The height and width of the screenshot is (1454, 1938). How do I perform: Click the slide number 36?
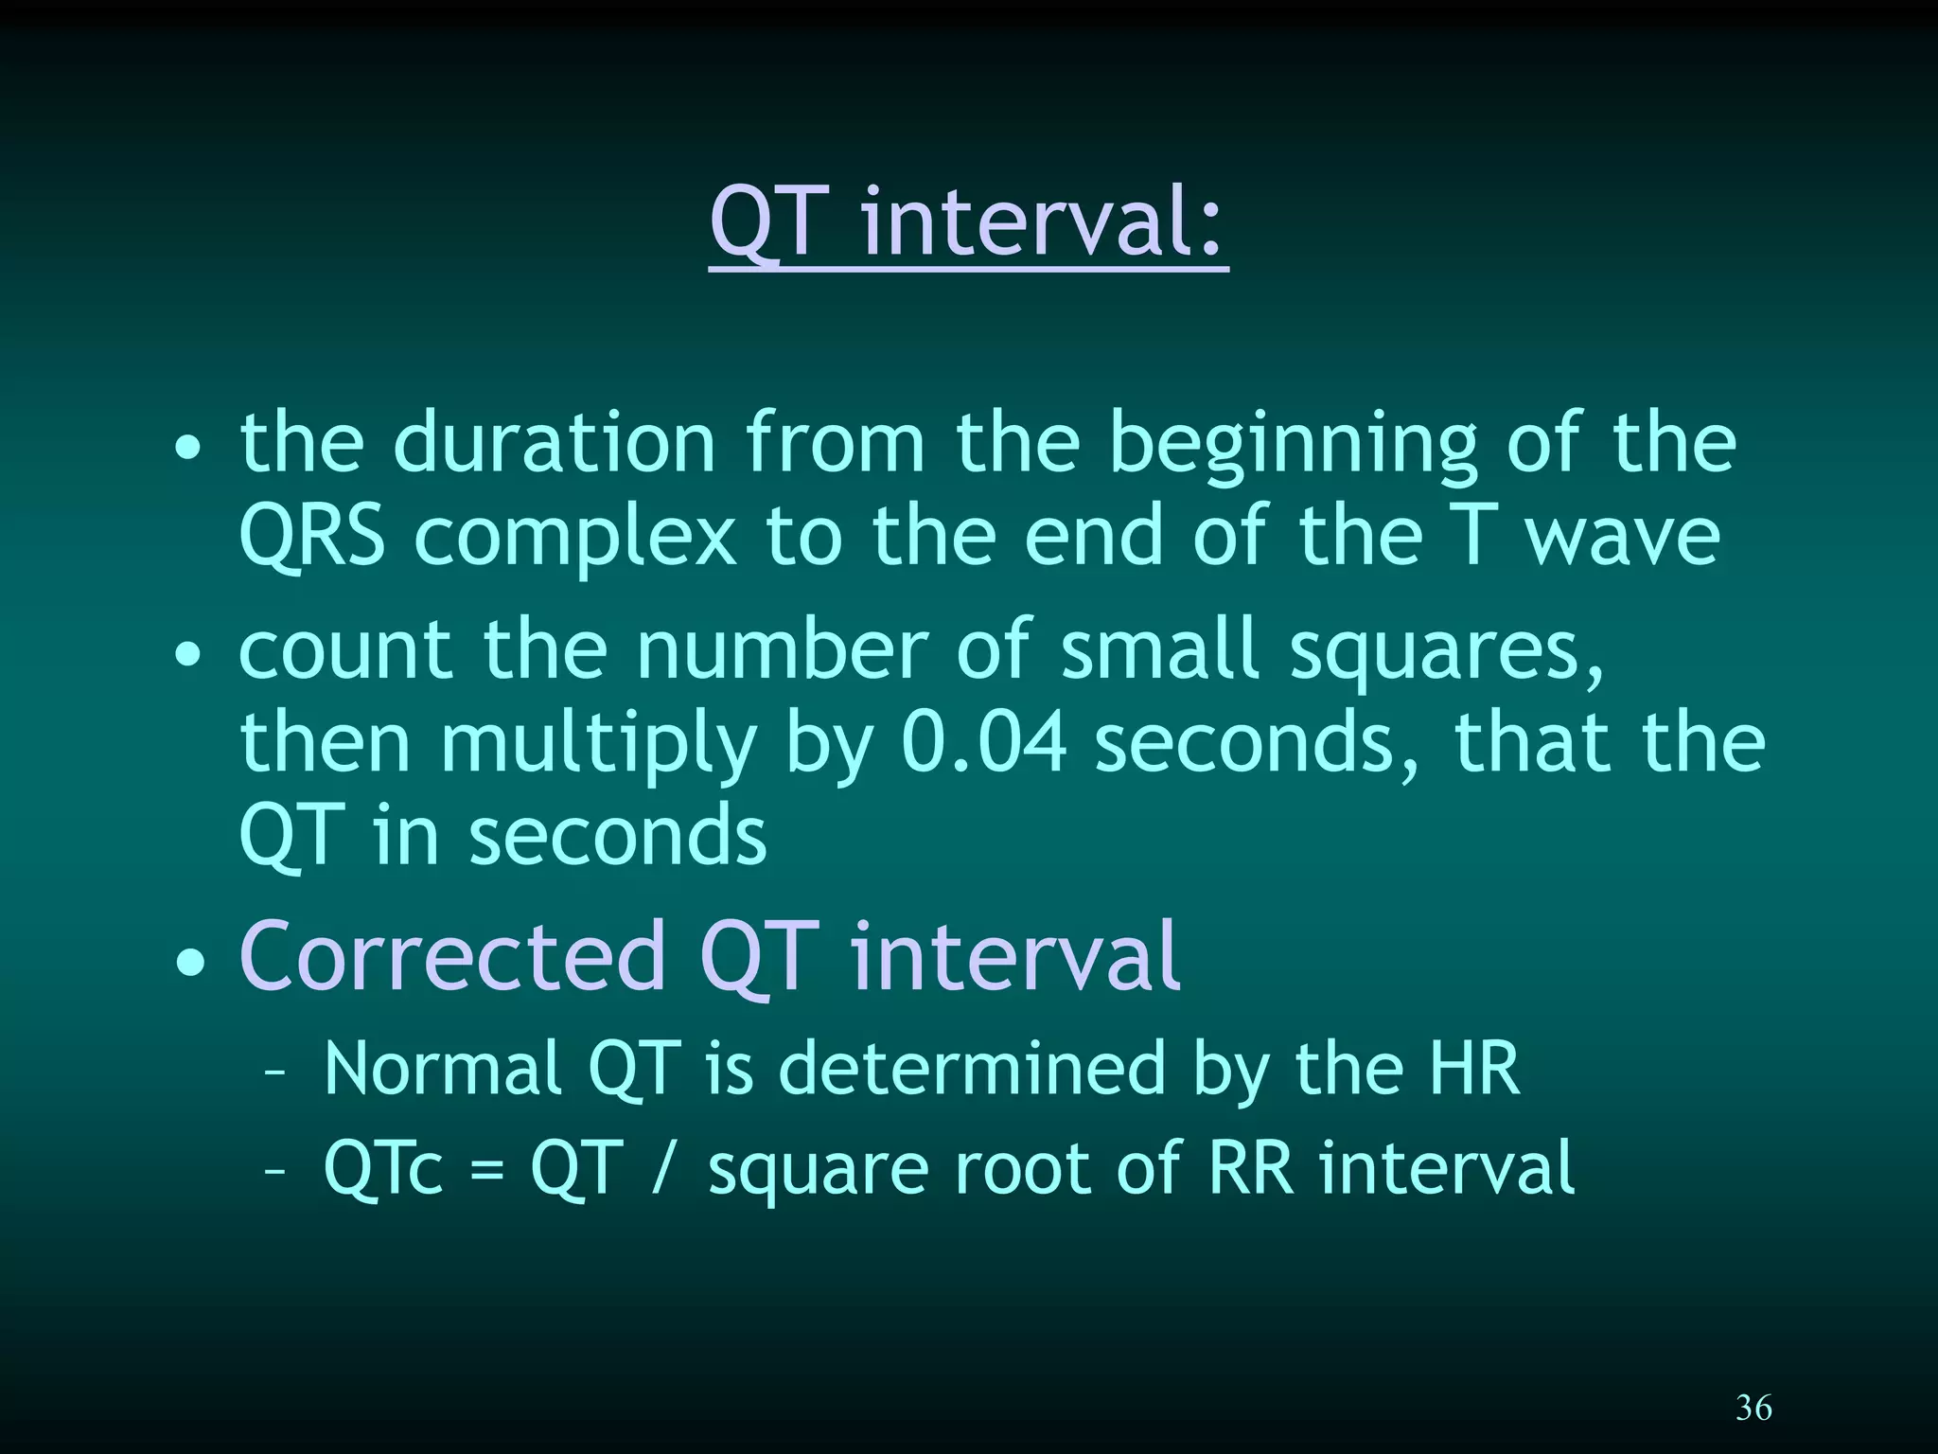coord(1753,1408)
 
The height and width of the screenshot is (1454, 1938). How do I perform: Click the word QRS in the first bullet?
coord(312,538)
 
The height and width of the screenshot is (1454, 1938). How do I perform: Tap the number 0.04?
coord(984,741)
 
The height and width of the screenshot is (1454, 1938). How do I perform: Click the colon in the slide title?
coord(1210,230)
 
